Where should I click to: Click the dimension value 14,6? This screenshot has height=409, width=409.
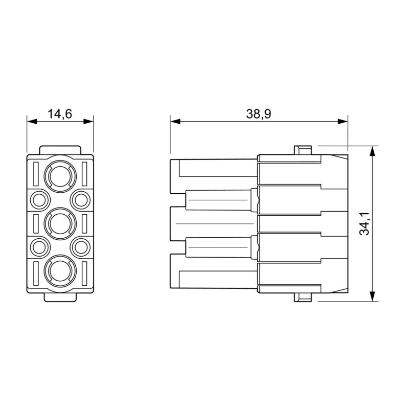[60, 113]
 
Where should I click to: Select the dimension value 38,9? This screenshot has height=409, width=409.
[258, 113]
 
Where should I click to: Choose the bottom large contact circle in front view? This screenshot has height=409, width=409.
[60, 271]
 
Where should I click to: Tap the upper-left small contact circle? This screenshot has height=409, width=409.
[39, 199]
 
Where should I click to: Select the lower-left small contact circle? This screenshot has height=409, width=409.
[39, 247]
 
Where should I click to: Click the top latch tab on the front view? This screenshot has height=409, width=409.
[60, 150]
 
